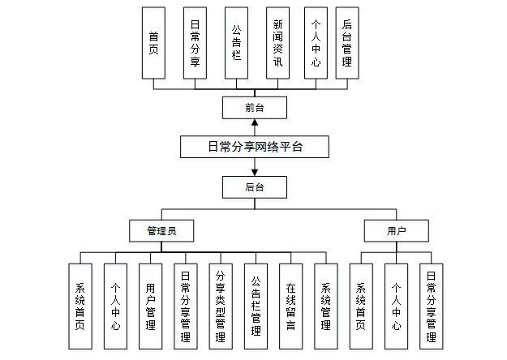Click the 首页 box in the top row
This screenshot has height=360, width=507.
153,43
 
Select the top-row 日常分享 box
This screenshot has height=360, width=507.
195,43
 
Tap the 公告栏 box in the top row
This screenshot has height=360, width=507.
236,43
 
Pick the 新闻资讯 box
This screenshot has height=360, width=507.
278,43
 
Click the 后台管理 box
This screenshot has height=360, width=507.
346,43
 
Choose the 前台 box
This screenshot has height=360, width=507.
254,107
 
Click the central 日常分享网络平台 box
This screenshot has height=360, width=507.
254,147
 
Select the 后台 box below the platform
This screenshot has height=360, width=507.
254,187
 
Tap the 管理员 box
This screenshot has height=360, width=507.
161,231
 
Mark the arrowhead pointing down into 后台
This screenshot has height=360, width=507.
255,172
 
